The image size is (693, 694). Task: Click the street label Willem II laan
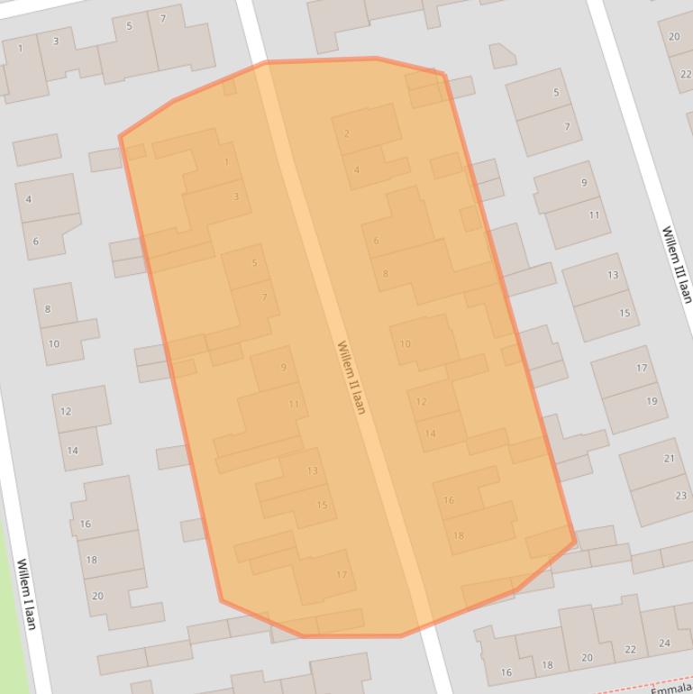click(351, 377)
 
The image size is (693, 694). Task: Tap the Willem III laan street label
click(676, 264)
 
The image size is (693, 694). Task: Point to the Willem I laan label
click(26, 594)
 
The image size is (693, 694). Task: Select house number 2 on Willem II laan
click(347, 134)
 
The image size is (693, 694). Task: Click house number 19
click(652, 401)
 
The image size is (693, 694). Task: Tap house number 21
click(670, 459)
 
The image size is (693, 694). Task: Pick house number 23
click(680, 496)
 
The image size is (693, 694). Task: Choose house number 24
click(664, 644)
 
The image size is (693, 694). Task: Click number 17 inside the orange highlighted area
click(342, 575)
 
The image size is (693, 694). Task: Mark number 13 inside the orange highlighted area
click(312, 470)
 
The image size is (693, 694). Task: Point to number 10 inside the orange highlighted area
click(405, 343)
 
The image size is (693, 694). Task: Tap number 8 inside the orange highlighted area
click(385, 274)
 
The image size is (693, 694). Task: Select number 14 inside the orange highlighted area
click(430, 434)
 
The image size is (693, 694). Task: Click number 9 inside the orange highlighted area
click(284, 367)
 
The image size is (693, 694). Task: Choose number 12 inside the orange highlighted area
click(421, 402)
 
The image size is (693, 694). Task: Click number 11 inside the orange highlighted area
click(293, 405)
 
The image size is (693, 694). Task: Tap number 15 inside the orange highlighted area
click(322, 505)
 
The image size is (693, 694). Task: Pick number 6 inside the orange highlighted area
click(376, 241)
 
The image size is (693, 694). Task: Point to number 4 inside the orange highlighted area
click(357, 169)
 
